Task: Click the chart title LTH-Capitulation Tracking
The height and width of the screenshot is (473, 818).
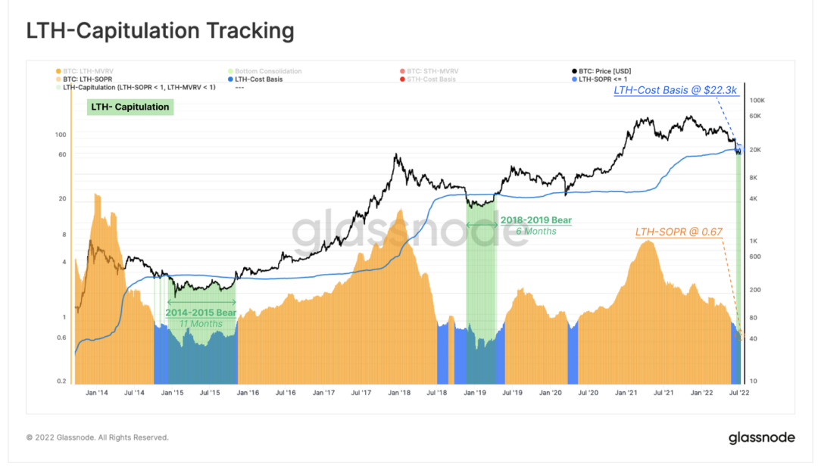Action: tap(160, 31)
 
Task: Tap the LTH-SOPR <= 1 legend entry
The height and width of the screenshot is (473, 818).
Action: tap(604, 79)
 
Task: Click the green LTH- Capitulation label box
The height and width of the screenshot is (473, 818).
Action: tap(130, 107)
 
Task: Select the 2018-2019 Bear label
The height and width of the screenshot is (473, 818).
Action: tap(536, 220)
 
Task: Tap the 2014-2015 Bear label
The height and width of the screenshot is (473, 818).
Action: tap(201, 312)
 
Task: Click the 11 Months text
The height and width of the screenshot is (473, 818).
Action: tap(201, 324)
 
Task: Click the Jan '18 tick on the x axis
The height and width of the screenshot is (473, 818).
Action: tap(399, 393)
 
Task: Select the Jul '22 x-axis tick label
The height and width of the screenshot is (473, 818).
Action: tap(739, 393)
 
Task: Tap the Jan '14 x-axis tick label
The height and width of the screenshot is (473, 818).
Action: tap(96, 393)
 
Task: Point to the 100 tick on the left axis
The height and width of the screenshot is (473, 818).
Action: tap(61, 134)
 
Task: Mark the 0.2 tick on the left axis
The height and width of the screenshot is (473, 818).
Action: tap(61, 381)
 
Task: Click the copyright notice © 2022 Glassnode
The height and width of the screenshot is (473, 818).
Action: tap(97, 437)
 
